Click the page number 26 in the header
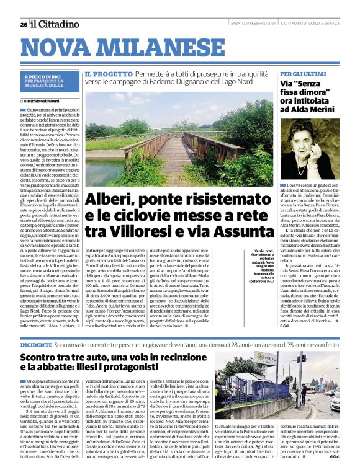coord(23,25)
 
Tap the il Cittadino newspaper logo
coord(56,24)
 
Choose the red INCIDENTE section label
coord(36,344)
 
